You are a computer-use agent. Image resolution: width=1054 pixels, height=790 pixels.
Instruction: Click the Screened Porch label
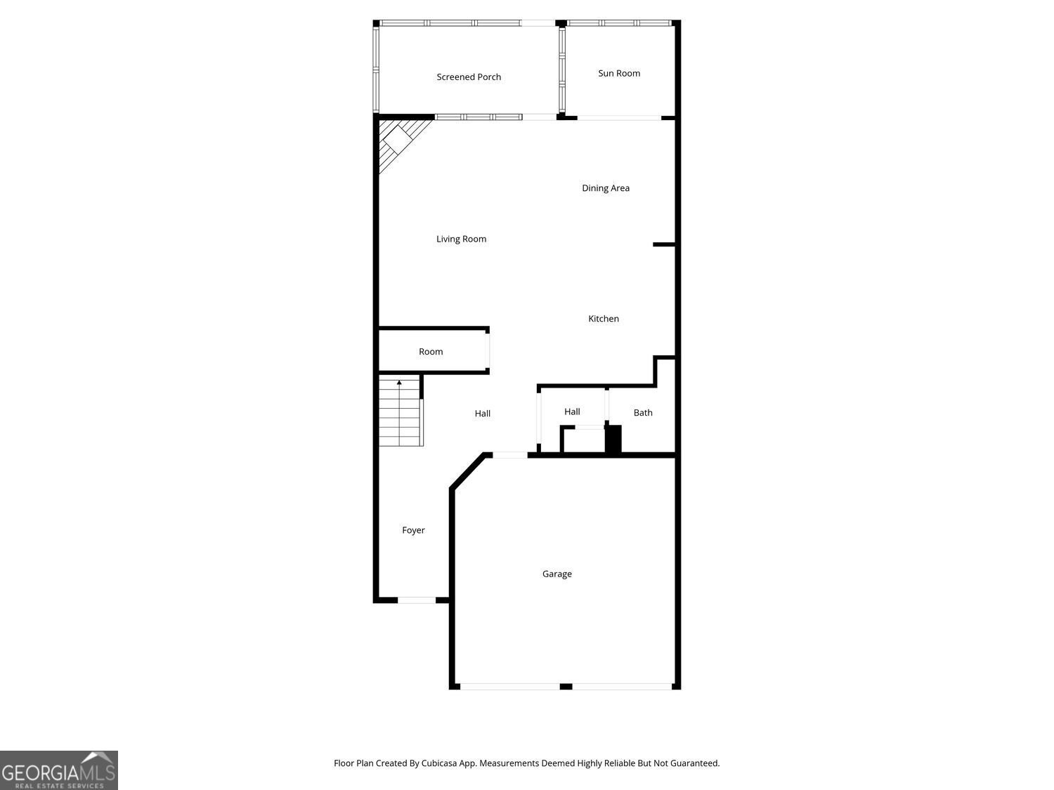coord(469,77)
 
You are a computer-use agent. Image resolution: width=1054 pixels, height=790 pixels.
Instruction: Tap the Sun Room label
coord(619,73)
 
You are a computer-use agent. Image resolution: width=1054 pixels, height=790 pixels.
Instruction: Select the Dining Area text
coord(606,188)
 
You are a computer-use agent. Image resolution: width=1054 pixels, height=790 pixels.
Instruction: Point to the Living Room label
coord(461,239)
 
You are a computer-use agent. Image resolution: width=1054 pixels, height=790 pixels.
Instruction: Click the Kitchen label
coord(604,319)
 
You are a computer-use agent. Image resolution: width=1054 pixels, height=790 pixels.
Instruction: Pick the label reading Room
coord(431,352)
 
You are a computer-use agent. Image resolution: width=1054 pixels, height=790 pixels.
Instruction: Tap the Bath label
coord(643,413)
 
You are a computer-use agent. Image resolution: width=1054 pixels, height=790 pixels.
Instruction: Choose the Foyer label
coord(413,530)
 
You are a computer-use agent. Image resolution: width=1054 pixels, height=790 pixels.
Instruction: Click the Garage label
coord(557,574)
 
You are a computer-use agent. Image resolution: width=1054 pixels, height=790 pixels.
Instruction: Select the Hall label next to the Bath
coord(572,412)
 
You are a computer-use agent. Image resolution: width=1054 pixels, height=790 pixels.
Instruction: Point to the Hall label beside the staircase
coord(482,414)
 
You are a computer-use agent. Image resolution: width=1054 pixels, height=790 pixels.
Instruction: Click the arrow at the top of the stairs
coord(399,383)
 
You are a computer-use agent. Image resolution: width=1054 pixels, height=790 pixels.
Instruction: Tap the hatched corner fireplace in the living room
coord(398,143)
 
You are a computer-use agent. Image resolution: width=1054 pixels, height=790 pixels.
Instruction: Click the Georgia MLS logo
coord(58,770)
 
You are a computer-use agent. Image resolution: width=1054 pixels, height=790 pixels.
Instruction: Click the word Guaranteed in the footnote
coord(694,763)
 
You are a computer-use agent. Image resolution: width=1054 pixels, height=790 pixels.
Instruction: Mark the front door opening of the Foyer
coord(417,600)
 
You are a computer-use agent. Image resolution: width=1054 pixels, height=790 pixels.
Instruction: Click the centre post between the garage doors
coord(566,686)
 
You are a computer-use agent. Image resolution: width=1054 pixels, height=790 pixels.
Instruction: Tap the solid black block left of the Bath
coord(613,439)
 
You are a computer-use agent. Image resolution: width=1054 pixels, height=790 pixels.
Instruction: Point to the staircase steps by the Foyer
coord(401,414)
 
